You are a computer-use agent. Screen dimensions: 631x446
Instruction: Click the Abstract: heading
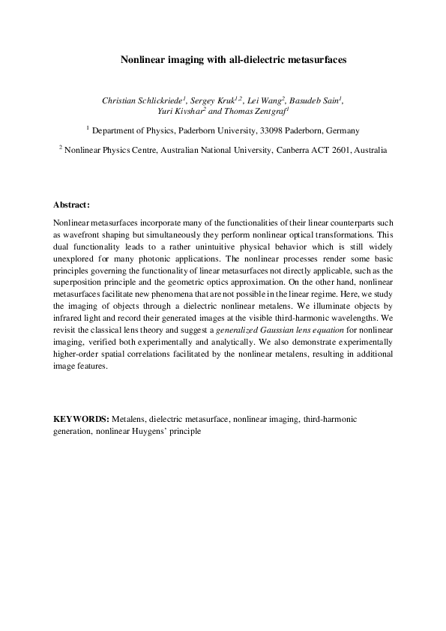[x=72, y=204]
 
